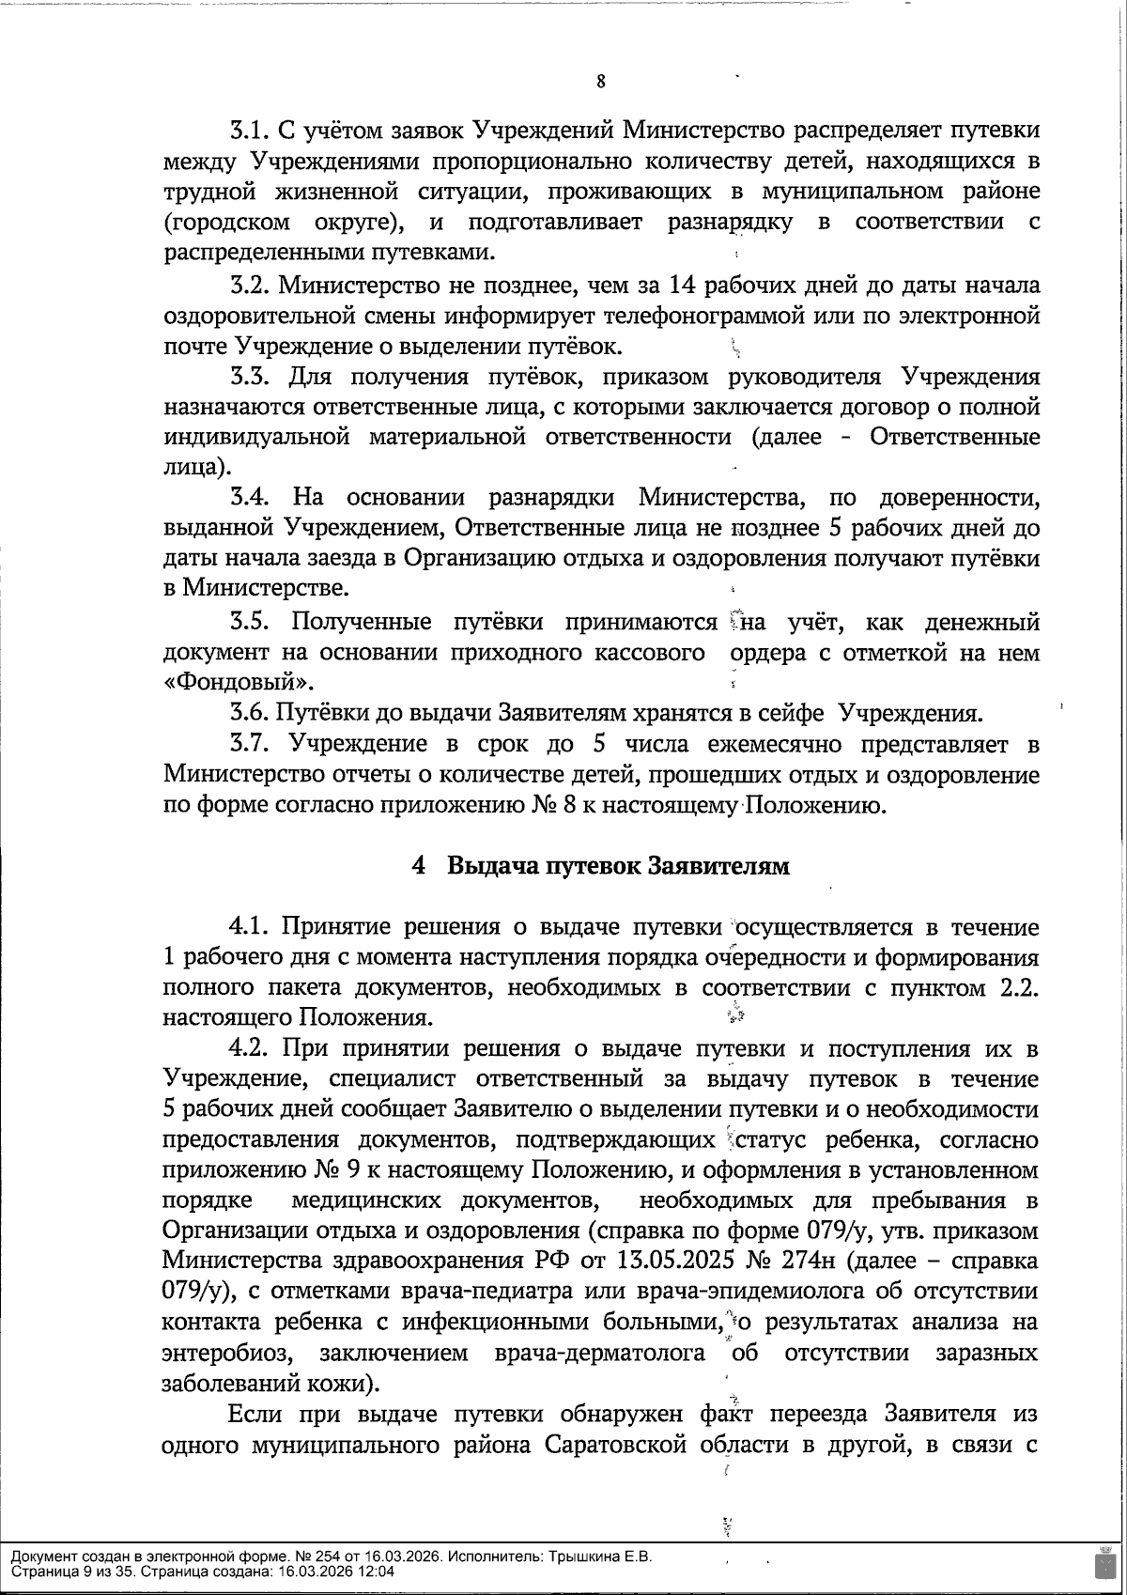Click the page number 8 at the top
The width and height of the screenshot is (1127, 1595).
coord(600,82)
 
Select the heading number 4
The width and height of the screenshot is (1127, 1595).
coord(420,865)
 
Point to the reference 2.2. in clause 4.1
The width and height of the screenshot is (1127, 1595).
coord(1015,988)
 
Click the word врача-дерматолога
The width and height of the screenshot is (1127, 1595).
coord(598,1353)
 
